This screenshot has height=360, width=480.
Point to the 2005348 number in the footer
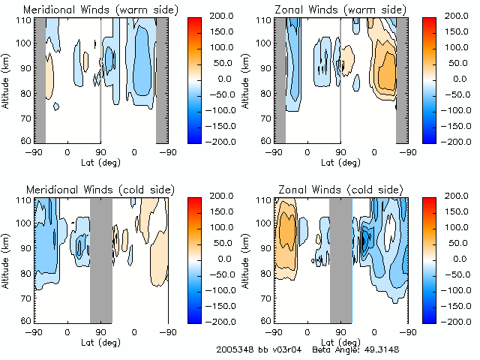[234, 349]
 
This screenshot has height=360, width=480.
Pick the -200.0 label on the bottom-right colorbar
[461, 320]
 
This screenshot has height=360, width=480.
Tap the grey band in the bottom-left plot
[100, 259]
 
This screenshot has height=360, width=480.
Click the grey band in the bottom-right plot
[340, 259]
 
